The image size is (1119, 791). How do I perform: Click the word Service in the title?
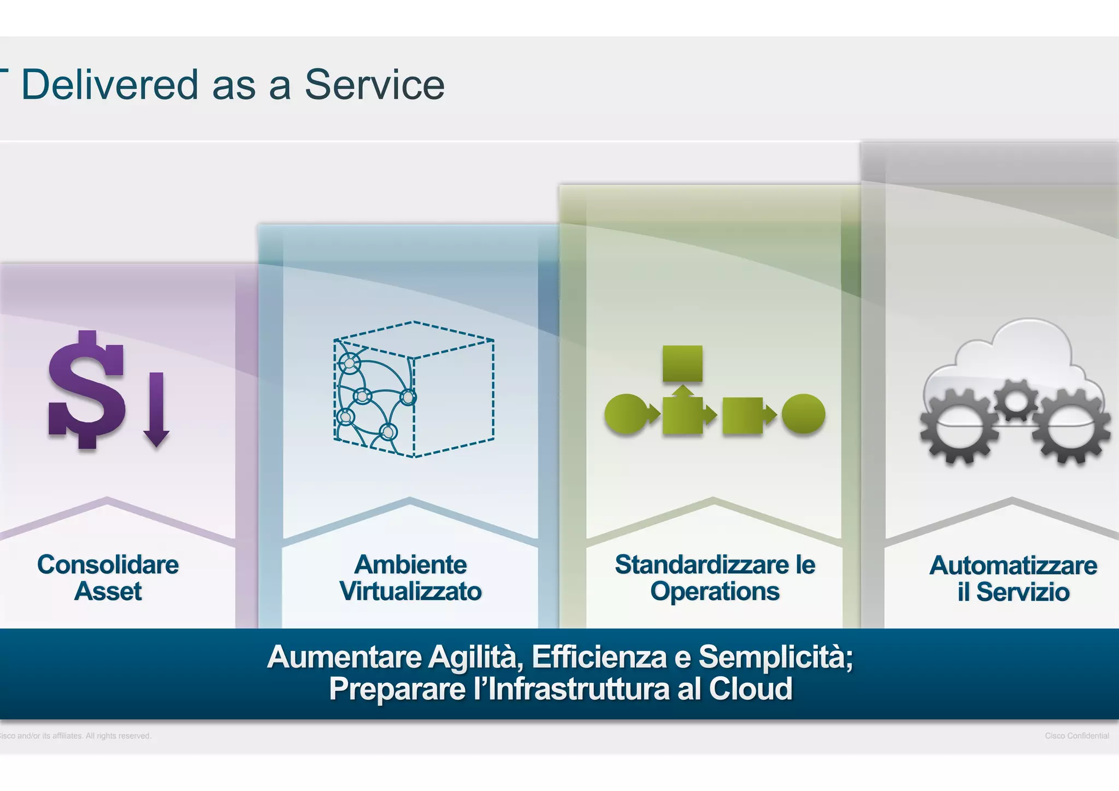[374, 85]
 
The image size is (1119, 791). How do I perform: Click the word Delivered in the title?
[110, 85]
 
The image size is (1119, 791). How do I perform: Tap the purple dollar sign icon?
[86, 389]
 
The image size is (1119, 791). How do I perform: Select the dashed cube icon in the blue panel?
[414, 389]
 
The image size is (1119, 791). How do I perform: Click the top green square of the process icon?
[682, 364]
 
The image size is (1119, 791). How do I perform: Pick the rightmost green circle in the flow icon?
[803, 414]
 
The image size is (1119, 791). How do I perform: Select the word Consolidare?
[108, 565]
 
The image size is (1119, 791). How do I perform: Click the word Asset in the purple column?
[108, 591]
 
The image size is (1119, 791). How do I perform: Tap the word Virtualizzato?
[410, 591]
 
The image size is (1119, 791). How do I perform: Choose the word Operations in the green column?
[715, 591]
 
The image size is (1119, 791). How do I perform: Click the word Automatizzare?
[1013, 565]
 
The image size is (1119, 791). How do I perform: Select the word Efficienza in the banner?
[599, 657]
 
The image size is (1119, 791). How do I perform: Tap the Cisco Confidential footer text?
[1076, 736]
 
